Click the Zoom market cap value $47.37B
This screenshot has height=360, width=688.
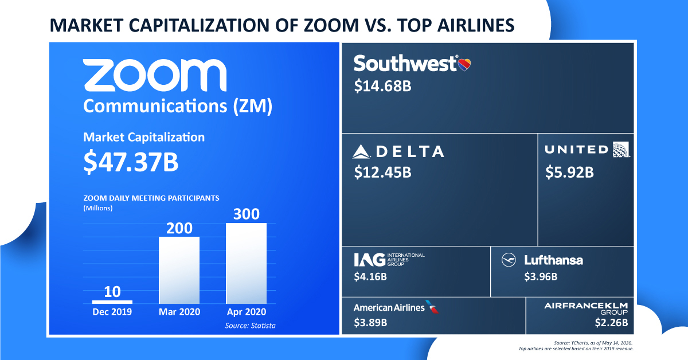(x=131, y=162)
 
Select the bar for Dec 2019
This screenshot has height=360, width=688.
(x=112, y=302)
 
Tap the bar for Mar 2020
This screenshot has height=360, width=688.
(x=179, y=269)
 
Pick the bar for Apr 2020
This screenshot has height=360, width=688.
(x=246, y=263)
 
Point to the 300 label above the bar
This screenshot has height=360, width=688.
(x=246, y=214)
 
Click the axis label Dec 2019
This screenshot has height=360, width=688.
(x=112, y=312)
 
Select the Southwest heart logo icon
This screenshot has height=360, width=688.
(x=464, y=64)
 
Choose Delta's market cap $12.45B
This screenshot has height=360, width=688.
(x=382, y=172)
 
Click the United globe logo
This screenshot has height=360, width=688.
(x=621, y=150)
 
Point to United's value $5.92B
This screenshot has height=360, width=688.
(x=569, y=172)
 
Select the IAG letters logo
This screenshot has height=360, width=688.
(x=369, y=260)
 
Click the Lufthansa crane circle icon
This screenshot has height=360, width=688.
(x=509, y=260)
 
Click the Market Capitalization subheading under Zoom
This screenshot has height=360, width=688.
(x=143, y=138)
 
